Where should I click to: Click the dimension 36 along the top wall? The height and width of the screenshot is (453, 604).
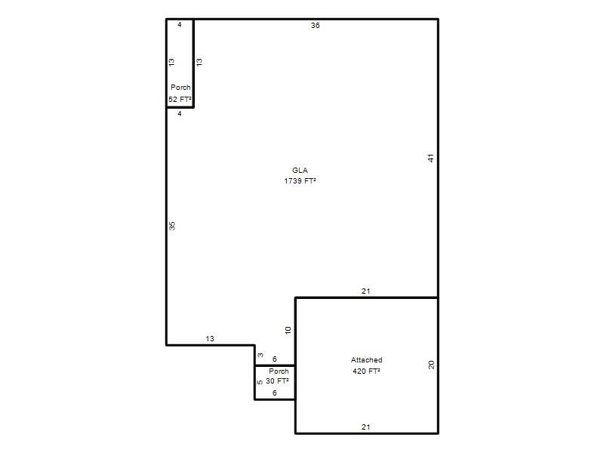pos(315,26)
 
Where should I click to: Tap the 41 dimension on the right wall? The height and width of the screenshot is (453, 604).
pos(431,158)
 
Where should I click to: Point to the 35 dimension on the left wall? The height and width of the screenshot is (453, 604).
pos(172,226)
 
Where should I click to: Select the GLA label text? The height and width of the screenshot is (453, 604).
pos(300,171)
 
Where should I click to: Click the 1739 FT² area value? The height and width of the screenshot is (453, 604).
pos(300,180)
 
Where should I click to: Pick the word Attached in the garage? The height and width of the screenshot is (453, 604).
pos(367,360)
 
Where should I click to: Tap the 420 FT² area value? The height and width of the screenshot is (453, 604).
pos(366,371)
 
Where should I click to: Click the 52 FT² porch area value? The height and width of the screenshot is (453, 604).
pos(180,100)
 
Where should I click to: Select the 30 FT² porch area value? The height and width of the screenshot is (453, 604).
pos(277,381)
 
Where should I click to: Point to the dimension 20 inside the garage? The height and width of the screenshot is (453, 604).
pos(431,365)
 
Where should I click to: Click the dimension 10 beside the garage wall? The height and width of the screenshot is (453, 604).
pos(288,330)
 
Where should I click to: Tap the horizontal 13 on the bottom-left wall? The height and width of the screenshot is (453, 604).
pos(210,338)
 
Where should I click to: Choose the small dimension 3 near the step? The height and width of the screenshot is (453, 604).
pos(260,355)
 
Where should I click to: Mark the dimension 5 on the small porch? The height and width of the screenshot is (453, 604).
pos(260,382)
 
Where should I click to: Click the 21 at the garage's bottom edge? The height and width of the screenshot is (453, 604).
pos(366,427)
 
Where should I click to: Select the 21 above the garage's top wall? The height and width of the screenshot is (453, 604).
pos(366,291)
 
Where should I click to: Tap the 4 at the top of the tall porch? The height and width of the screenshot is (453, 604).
pos(180,25)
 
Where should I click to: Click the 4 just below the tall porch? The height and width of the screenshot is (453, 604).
pos(180,114)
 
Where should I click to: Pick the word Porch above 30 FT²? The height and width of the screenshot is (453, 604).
pos(279,371)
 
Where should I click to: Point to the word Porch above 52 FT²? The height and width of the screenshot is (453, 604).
pos(180,88)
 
